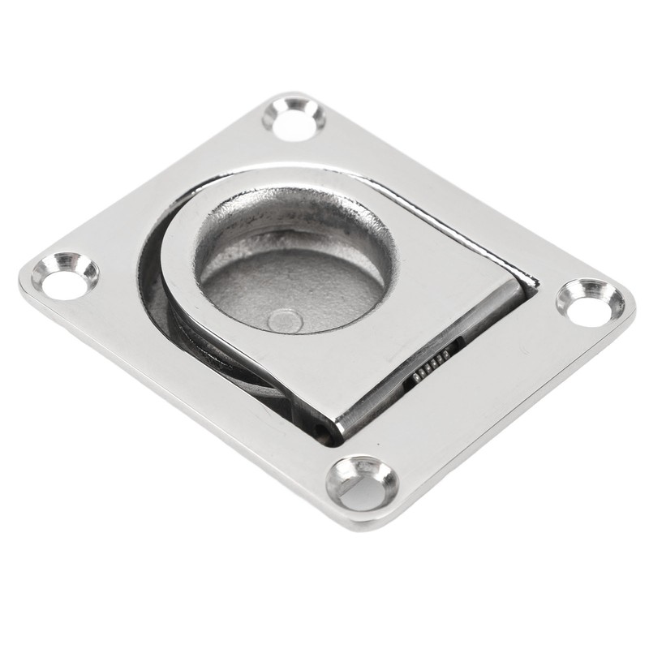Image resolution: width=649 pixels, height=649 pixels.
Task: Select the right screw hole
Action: click(590, 303)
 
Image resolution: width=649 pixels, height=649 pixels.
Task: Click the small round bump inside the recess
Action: click(285, 320)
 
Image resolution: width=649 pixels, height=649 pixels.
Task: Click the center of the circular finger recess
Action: click(292, 268)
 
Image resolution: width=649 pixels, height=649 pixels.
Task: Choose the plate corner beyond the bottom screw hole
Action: click(365, 519)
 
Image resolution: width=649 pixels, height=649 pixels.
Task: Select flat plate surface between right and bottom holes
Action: click(487, 406)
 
